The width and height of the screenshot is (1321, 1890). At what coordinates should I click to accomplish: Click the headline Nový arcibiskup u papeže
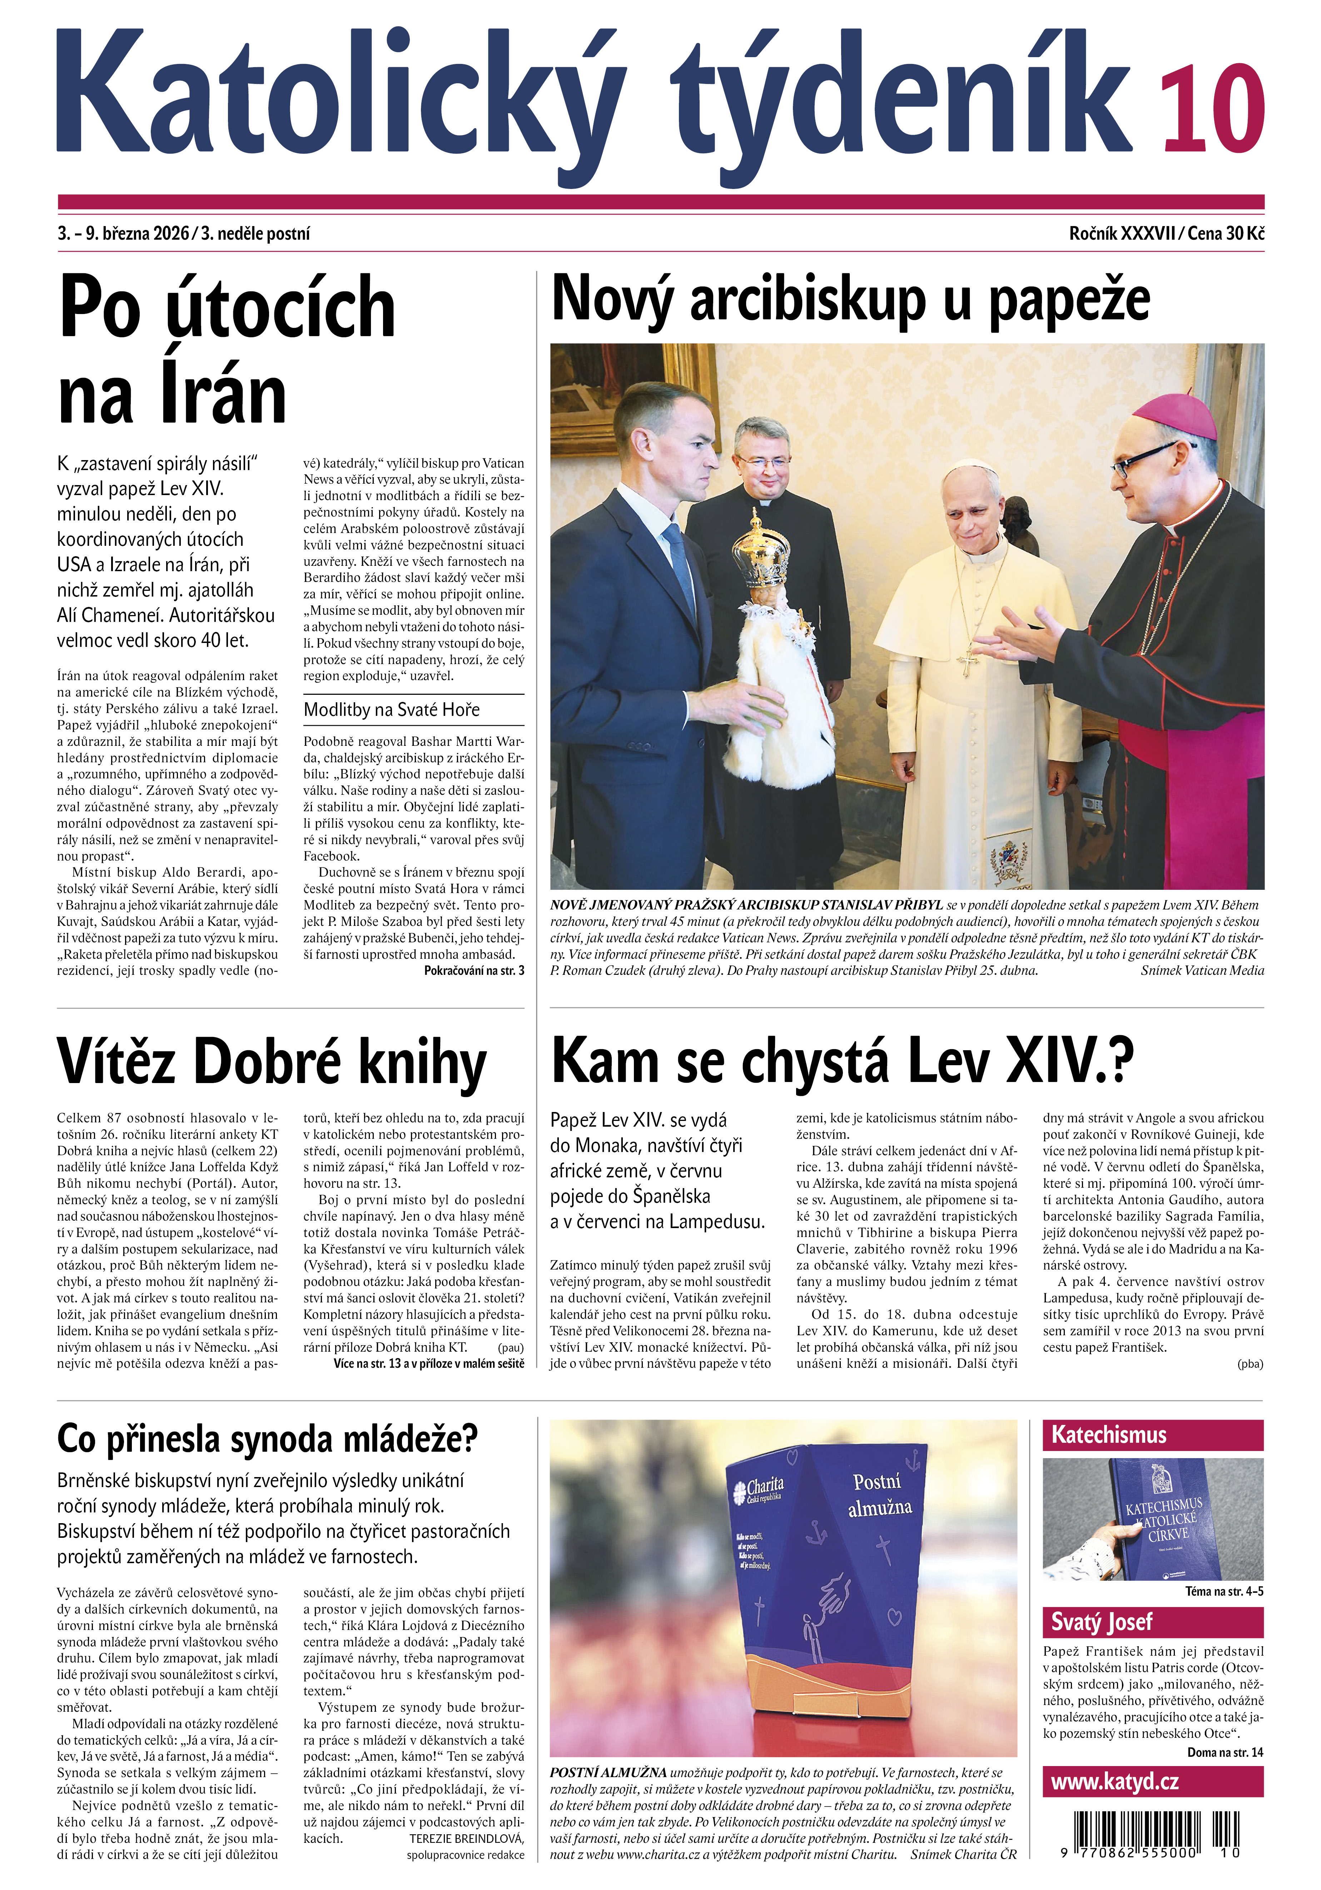click(x=850, y=300)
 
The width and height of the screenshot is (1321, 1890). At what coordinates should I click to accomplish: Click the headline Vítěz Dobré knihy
click(x=272, y=1062)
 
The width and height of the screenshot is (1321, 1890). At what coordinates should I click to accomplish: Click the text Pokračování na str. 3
click(x=473, y=971)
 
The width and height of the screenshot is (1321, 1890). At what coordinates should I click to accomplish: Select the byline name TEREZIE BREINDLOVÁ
click(x=466, y=1838)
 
